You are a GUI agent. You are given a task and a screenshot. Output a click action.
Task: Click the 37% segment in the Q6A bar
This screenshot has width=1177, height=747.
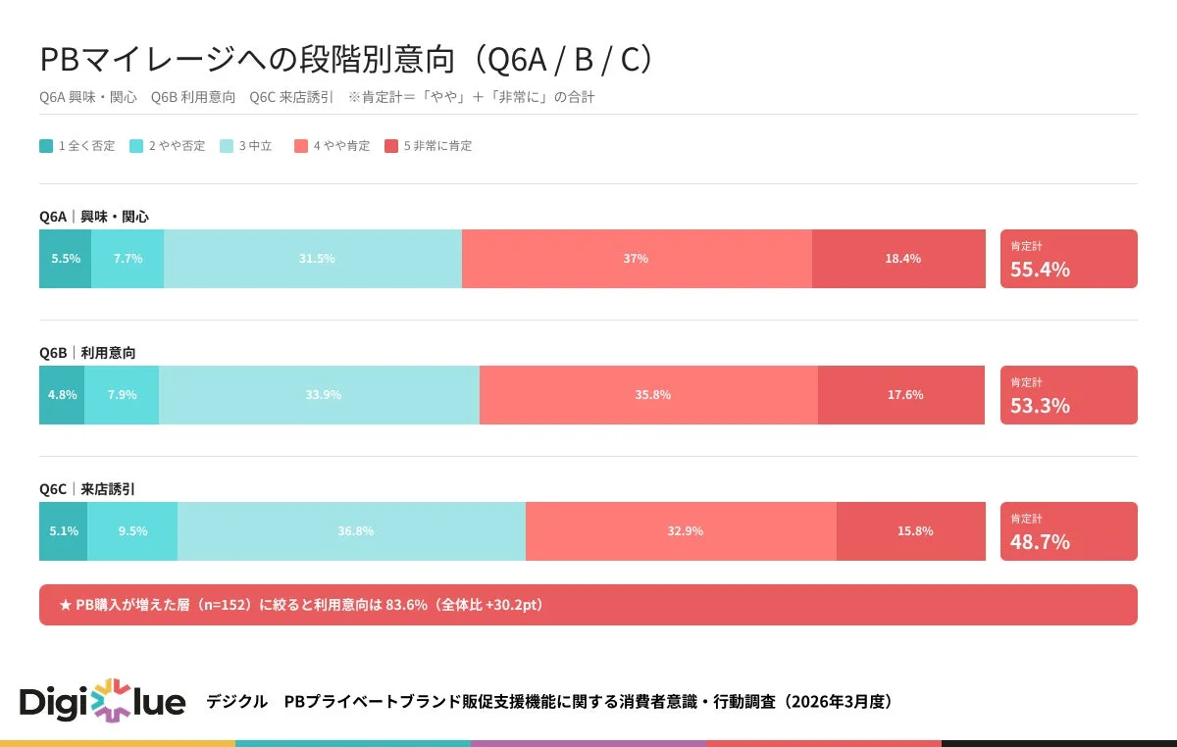[636, 259]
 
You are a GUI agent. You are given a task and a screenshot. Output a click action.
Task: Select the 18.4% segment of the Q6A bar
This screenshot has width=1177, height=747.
[898, 259]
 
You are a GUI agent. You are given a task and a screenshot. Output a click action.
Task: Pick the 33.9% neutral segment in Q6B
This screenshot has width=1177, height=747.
[319, 395]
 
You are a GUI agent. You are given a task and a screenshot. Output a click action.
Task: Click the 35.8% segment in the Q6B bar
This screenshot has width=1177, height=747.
[648, 395]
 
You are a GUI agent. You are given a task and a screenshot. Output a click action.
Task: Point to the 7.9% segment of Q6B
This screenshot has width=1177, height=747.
[122, 395]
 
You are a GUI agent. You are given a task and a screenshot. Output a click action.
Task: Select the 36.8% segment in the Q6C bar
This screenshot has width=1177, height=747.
[351, 531]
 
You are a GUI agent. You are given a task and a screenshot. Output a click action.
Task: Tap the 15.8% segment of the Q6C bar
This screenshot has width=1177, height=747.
[910, 531]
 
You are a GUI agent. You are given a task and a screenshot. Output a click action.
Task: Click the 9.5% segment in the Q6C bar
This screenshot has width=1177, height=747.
[132, 531]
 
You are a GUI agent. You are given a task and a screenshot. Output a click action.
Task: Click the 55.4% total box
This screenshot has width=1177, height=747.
[1068, 259]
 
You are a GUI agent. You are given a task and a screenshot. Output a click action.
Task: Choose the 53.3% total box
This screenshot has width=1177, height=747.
[1068, 395]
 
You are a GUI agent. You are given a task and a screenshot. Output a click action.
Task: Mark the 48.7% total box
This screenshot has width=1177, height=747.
[1068, 531]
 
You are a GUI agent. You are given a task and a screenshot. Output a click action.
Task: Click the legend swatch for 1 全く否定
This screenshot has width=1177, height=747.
[46, 146]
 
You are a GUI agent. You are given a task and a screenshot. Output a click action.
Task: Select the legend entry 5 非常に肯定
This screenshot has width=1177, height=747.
[428, 146]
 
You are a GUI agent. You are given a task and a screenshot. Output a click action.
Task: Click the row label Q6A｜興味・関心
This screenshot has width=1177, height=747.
[94, 217]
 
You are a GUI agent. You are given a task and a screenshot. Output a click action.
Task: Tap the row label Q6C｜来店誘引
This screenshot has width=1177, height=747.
[94, 488]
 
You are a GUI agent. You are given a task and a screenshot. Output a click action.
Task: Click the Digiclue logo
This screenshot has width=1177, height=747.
[103, 702]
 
